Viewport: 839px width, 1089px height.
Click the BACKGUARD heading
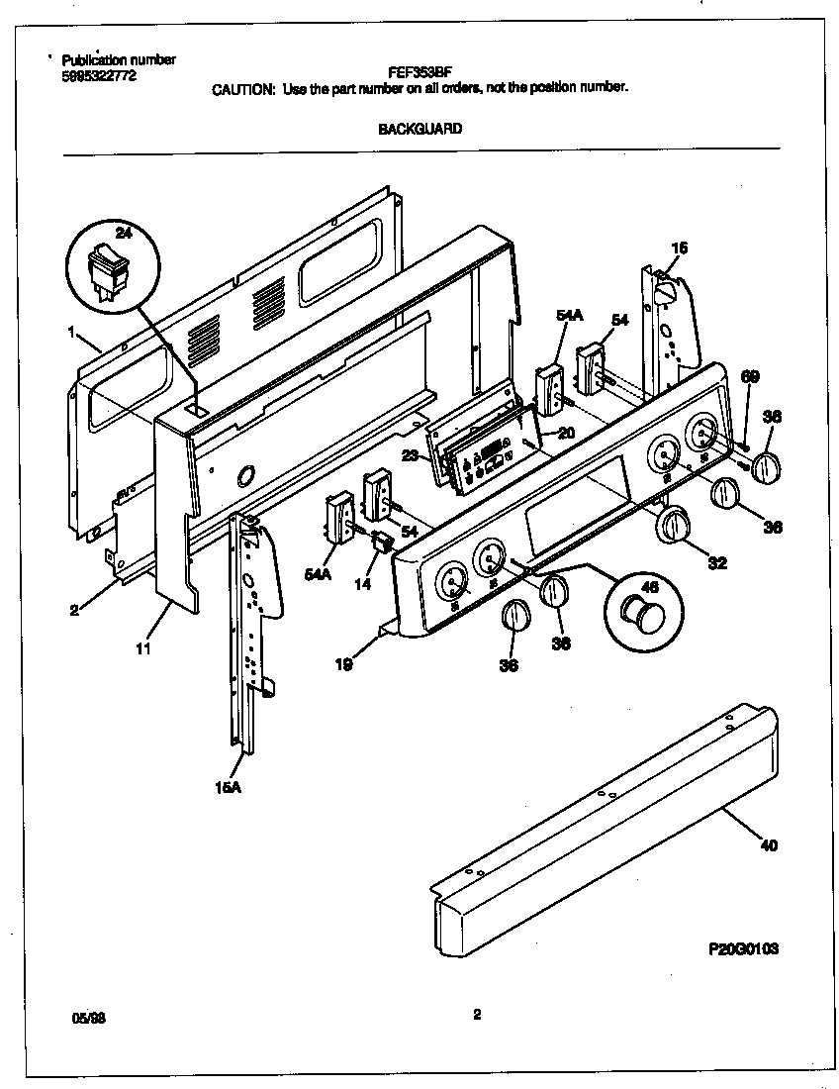click(x=419, y=129)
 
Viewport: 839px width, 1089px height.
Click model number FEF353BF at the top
click(x=419, y=73)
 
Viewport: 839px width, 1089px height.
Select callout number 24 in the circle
click(x=123, y=234)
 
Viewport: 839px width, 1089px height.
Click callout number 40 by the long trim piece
click(x=769, y=845)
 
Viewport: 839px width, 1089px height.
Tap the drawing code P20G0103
click(x=743, y=948)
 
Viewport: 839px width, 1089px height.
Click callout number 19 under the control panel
click(x=343, y=665)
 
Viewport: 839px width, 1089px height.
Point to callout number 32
click(x=718, y=563)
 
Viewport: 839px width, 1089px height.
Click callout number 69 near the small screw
click(x=750, y=375)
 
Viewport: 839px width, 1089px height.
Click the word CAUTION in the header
click(x=244, y=88)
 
